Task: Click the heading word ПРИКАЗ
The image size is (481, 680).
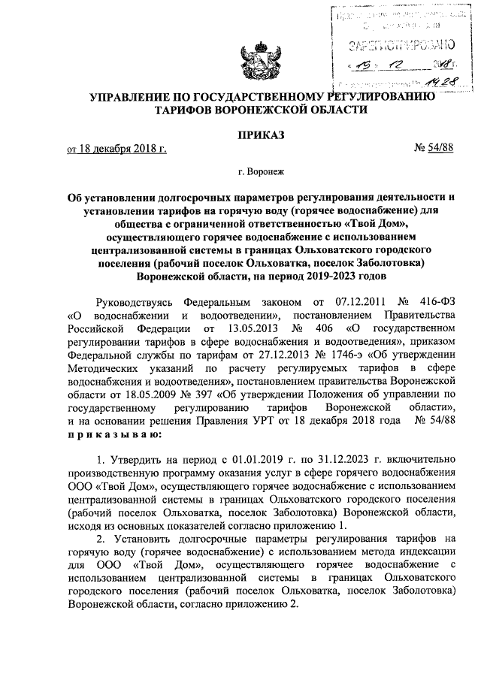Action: pos(260,135)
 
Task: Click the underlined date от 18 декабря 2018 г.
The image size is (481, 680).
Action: pos(116,149)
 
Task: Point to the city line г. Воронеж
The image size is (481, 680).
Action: pos(262,172)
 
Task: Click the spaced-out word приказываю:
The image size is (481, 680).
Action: pos(113,435)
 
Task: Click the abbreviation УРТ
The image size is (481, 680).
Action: pos(263,422)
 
